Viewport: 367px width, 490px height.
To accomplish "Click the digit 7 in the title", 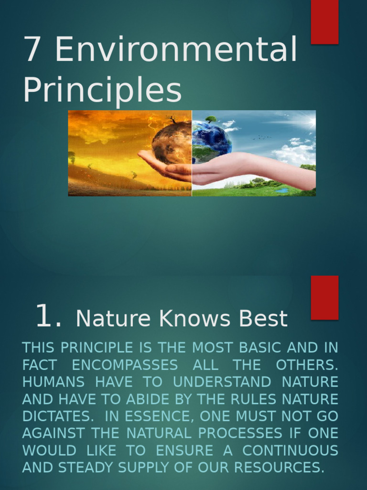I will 32,49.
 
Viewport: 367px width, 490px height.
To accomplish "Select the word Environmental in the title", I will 176,49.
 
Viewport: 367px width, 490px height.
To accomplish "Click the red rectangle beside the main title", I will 324,22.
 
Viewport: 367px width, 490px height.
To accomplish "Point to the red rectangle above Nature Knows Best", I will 324,297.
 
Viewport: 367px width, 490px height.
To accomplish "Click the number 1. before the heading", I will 48,317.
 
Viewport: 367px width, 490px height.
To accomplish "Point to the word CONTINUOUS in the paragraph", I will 290,450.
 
